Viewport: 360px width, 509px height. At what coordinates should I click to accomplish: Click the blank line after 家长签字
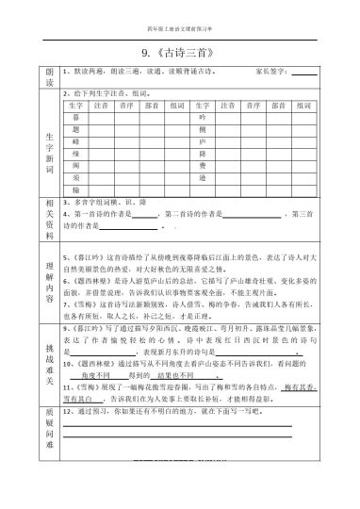pyautogui.click(x=304, y=72)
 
